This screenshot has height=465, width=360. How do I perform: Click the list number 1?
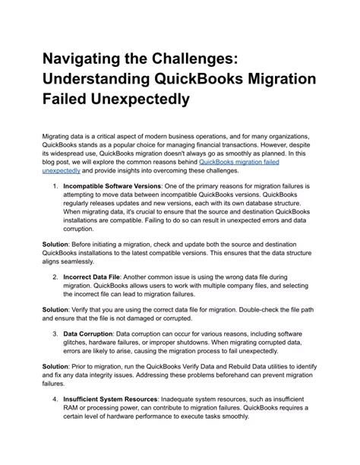click(x=54, y=185)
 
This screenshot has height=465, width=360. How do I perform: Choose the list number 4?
click(x=54, y=400)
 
